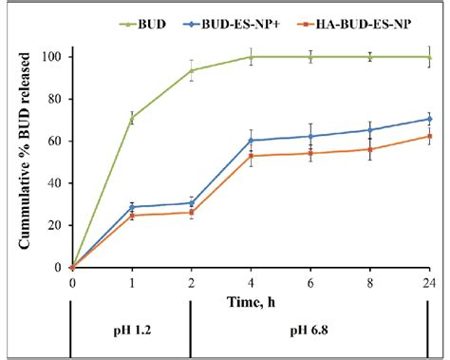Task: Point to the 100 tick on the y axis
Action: (53, 57)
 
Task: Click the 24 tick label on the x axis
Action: (429, 282)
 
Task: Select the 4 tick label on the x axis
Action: (251, 282)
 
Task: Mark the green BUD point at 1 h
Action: (132, 119)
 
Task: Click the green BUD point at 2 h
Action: (191, 70)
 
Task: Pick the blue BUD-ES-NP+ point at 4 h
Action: (251, 141)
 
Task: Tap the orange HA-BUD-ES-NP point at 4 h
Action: (251, 156)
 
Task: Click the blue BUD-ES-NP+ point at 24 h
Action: (429, 119)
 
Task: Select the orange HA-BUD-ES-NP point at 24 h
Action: (429, 136)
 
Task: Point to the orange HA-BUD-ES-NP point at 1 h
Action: (132, 216)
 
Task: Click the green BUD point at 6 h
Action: (310, 57)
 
